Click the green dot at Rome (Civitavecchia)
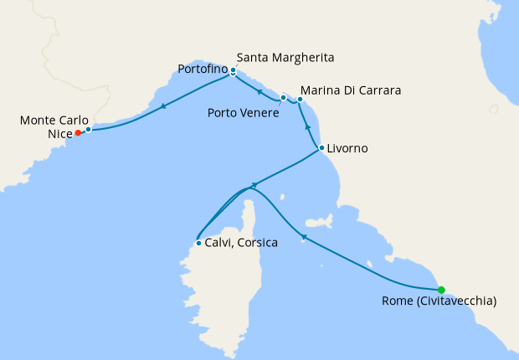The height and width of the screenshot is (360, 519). [441, 291]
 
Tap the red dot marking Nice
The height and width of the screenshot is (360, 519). [78, 132]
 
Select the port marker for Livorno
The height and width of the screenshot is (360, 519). [321, 149]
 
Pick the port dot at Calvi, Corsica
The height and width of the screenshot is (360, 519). [198, 244]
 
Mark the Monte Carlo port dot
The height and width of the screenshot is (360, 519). [88, 129]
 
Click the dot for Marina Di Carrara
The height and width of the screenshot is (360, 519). [300, 100]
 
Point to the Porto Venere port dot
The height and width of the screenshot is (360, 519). [284, 98]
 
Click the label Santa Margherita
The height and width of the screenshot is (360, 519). [285, 58]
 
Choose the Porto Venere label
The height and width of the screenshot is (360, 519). [244, 111]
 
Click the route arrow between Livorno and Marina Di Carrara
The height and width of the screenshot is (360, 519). [307, 127]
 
